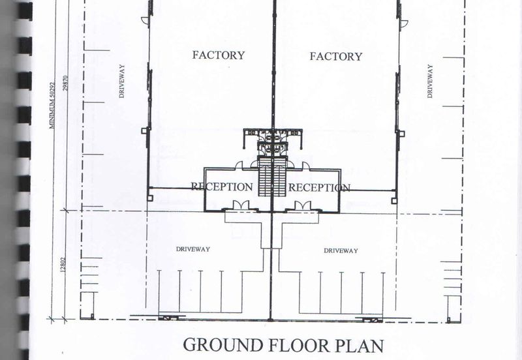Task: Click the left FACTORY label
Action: coord(219,55)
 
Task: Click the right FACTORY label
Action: coord(336,57)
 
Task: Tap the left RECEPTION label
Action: coord(222,187)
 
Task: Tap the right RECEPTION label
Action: coord(319,188)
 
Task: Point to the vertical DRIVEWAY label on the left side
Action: coord(122,81)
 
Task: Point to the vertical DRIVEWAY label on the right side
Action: coord(430,81)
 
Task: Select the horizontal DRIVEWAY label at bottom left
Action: coord(193,249)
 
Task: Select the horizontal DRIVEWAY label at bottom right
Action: coord(341,250)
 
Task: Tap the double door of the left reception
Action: coord(241,205)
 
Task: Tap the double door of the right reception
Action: coord(302,205)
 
